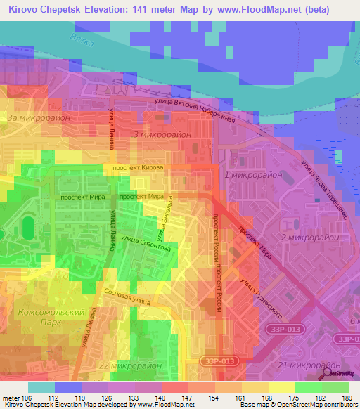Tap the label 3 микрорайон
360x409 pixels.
pos(161,134)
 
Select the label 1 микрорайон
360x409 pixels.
pos(252,174)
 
